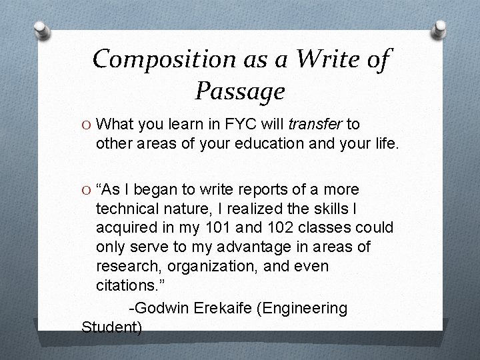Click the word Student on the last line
111,327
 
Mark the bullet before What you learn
86,124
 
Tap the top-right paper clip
439,27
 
